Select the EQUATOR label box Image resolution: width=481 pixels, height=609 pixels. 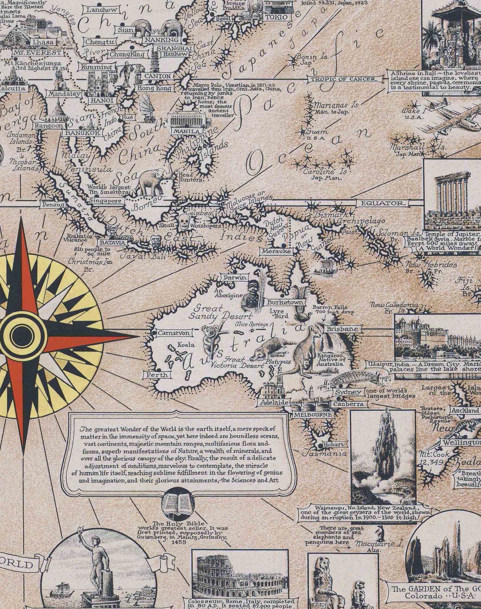pos(382,203)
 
